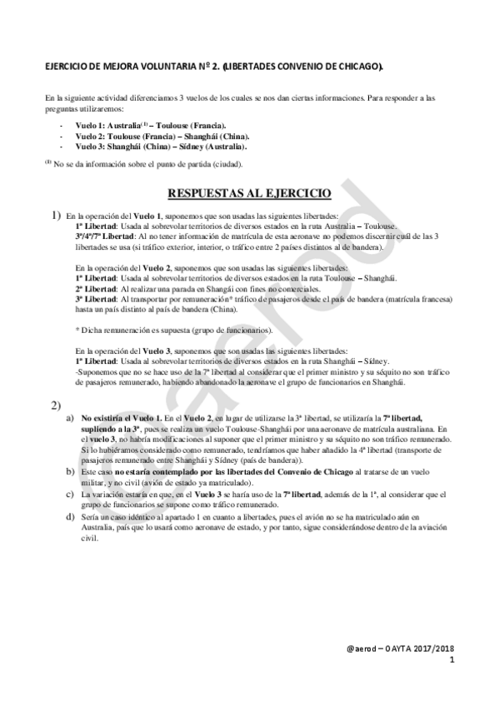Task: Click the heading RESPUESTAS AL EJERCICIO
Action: click(249, 195)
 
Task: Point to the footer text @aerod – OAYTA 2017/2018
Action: click(402, 649)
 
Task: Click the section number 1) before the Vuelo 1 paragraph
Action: click(57, 215)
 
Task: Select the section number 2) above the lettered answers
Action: click(56, 405)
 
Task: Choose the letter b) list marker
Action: click(69, 472)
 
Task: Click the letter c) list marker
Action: click(69, 492)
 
